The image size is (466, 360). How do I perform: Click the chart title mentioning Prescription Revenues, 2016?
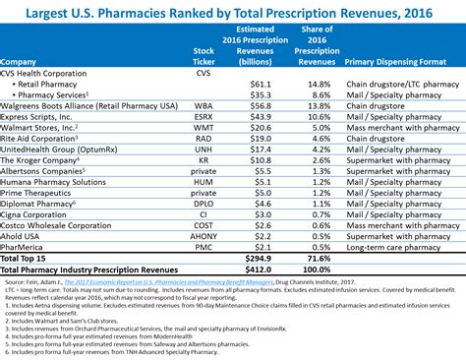coord(233,13)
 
